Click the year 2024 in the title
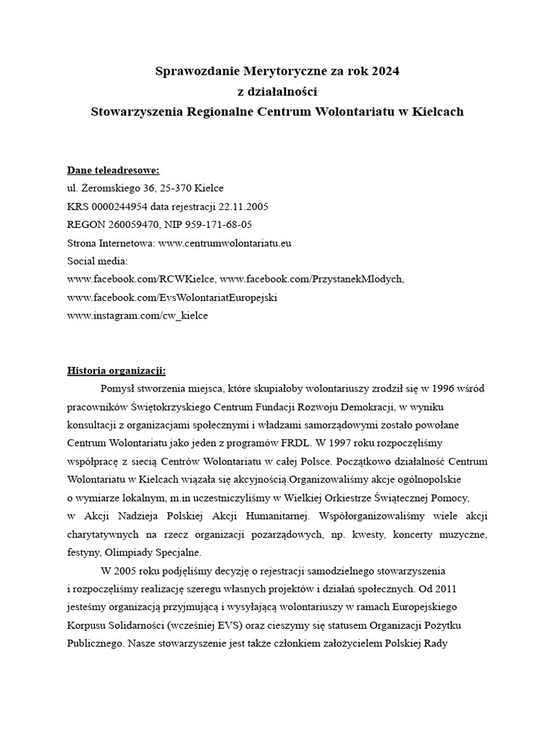pyautogui.click(x=385, y=72)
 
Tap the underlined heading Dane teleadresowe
pyautogui.click(x=113, y=171)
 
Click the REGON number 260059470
pyautogui.click(x=130, y=225)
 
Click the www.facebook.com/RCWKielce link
pyautogui.click(x=141, y=279)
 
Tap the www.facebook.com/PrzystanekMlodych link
pyautogui.click(x=311, y=279)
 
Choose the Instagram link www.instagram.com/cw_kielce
pyautogui.click(x=137, y=316)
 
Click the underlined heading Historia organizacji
pyautogui.click(x=117, y=371)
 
